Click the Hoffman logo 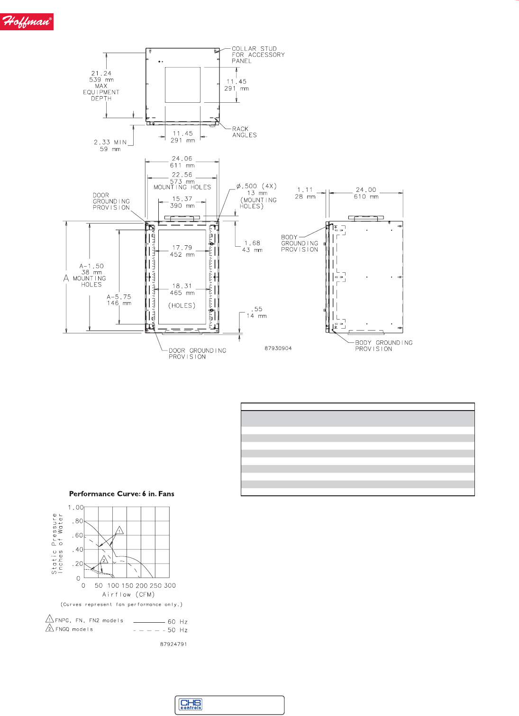coord(27,22)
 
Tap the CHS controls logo coord(191,704)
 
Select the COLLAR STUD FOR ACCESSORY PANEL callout coord(258,54)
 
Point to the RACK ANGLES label coord(244,132)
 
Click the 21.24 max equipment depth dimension coord(101,86)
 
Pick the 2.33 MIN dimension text coord(110,145)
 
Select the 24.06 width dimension coord(182,162)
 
